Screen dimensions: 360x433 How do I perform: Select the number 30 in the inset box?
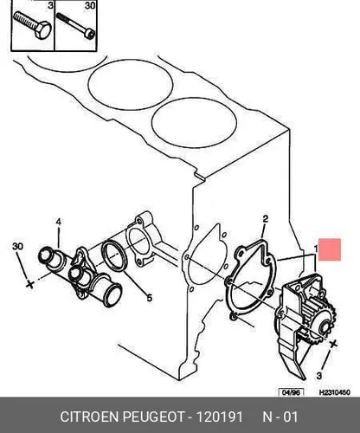point(90,5)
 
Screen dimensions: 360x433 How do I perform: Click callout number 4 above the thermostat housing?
point(59,222)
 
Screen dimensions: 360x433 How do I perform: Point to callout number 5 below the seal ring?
point(149,298)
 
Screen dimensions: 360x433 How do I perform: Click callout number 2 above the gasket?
point(265,218)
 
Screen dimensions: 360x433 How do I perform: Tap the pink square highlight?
point(330,249)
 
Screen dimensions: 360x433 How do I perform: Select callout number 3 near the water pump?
point(319,376)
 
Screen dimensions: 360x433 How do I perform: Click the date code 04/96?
point(291,392)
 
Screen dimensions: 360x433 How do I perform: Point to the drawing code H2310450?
point(335,392)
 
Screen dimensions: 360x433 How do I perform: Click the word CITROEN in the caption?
point(90,417)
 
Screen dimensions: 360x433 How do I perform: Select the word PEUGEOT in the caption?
point(153,417)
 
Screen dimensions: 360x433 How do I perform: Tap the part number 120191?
point(220,417)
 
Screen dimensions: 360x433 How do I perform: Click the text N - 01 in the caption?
point(280,417)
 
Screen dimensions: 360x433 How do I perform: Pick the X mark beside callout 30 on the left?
point(29,284)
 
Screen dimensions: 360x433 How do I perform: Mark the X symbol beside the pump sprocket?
point(333,344)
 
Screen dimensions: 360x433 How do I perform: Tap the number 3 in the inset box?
point(50,5)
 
